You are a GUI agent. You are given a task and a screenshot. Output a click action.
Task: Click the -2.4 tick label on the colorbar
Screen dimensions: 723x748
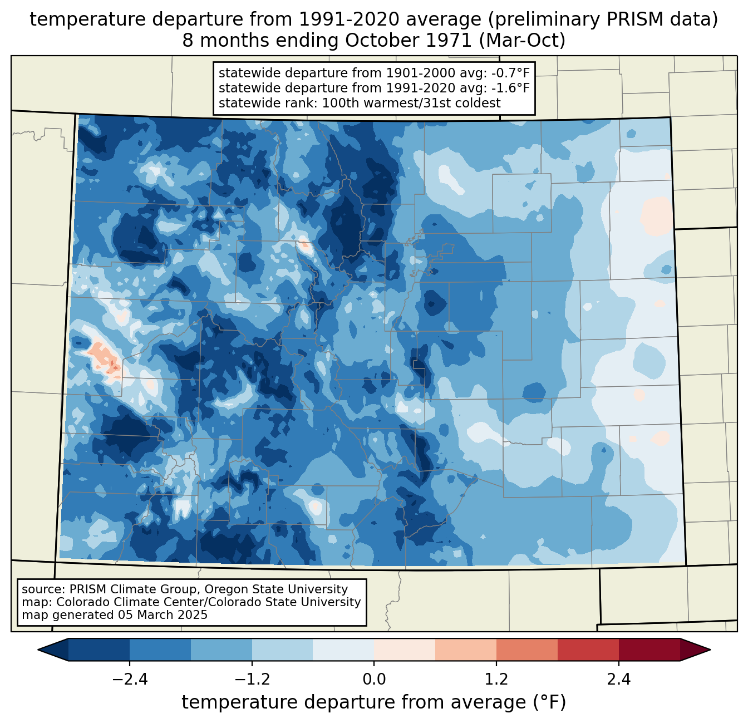[130, 680]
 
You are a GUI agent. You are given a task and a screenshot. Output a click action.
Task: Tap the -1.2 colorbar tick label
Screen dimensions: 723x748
[252, 680]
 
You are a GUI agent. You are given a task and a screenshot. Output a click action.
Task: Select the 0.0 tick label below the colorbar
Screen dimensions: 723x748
[374, 680]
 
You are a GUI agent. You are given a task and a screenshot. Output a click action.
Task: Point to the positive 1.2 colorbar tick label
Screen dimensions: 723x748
[496, 680]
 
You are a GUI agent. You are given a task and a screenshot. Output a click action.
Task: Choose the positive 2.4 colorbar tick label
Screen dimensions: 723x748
[618, 680]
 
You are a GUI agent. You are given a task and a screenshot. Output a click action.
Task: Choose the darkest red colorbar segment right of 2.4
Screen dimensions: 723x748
[649, 650]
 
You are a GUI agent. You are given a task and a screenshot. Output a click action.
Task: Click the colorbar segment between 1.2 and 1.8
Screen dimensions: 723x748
[526, 650]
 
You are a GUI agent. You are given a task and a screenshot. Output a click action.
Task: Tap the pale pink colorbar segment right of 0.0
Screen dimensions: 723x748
[404, 650]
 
